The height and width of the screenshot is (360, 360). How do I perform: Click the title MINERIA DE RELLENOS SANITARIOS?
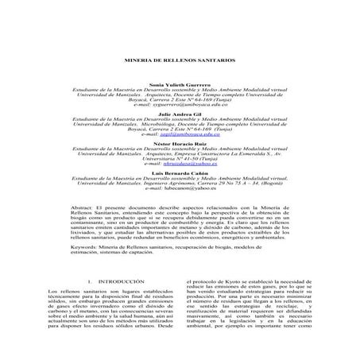tap(180, 61)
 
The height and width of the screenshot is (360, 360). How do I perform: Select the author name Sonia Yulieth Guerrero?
tap(180, 83)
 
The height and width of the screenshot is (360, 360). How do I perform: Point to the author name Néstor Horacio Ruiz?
tap(180, 144)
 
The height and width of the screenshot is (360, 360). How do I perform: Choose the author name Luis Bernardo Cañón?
tap(180, 173)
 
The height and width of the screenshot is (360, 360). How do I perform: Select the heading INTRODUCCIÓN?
tap(118, 282)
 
